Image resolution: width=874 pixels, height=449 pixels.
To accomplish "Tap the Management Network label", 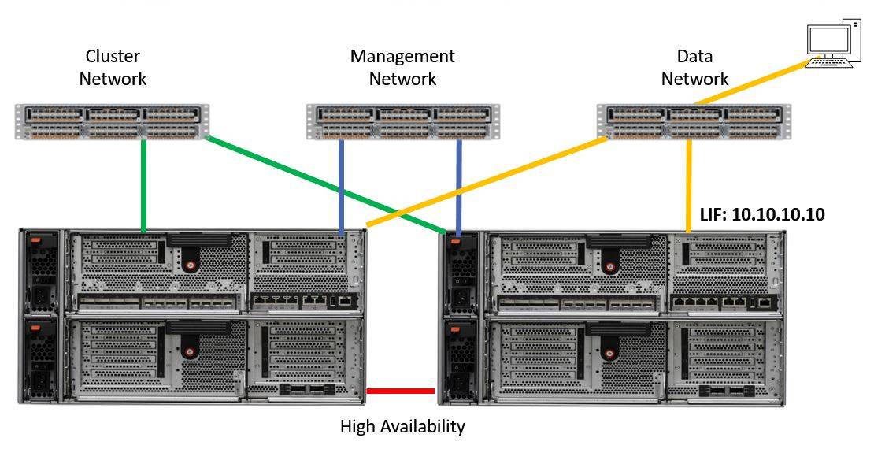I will (x=402, y=68).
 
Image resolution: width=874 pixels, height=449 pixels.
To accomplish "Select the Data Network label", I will (x=694, y=68).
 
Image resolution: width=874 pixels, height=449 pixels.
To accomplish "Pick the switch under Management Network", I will (x=402, y=122).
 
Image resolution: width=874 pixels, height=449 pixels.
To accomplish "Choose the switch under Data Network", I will (x=692, y=121).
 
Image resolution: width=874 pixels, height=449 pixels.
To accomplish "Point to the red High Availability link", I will (x=401, y=391).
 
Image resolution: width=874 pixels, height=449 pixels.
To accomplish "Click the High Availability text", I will (x=402, y=427).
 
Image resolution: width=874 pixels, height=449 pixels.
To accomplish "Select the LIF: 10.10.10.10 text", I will (x=762, y=214).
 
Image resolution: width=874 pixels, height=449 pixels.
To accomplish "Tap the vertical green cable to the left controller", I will (x=143, y=186).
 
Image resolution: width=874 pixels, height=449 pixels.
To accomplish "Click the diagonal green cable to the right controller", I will (x=331, y=186).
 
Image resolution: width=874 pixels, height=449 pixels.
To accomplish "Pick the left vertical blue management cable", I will (x=340, y=186).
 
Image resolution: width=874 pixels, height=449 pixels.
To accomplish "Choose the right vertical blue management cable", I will (x=458, y=186).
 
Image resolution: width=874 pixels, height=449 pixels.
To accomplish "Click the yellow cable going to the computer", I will (x=748, y=83).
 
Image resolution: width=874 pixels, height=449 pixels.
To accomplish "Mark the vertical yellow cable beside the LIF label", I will (x=689, y=186).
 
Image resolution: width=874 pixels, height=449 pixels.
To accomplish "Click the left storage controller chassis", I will (x=193, y=316).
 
